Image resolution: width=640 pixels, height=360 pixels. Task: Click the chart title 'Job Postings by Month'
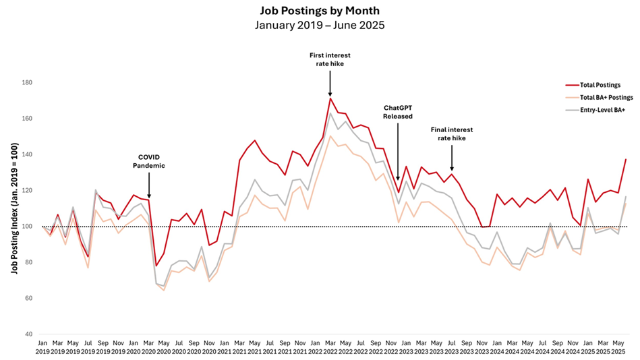[x=320, y=11]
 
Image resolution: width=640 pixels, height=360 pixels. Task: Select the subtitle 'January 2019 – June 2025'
[x=320, y=26]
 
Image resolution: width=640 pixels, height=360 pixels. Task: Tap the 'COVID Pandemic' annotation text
[x=148, y=160]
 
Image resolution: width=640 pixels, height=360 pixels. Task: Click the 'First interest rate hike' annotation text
[x=330, y=59]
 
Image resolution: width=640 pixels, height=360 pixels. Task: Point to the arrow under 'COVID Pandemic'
[x=148, y=185]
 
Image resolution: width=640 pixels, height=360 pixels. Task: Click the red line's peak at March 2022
[x=330, y=98]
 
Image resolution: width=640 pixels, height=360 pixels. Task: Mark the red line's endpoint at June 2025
[x=627, y=159]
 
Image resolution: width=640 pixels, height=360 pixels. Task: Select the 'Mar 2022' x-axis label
[x=330, y=347]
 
